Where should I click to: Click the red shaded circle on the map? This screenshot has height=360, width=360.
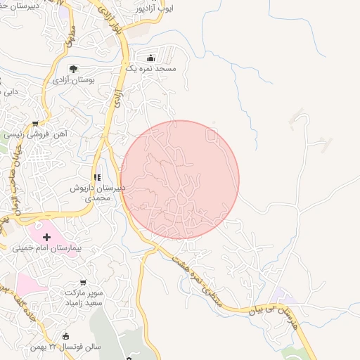tap(180, 179)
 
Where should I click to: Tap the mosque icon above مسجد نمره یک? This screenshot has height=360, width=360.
tap(150, 58)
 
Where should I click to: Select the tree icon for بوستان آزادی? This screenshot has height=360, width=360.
tap(74, 69)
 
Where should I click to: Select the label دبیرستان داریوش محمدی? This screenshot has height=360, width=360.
tap(97, 193)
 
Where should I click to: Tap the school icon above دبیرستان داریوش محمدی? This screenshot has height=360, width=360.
tap(97, 178)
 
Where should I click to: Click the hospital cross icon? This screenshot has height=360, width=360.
tap(47, 238)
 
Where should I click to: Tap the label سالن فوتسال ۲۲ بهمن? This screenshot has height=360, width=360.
tap(66, 347)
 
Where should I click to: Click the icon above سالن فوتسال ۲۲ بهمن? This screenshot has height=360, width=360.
tap(66, 336)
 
